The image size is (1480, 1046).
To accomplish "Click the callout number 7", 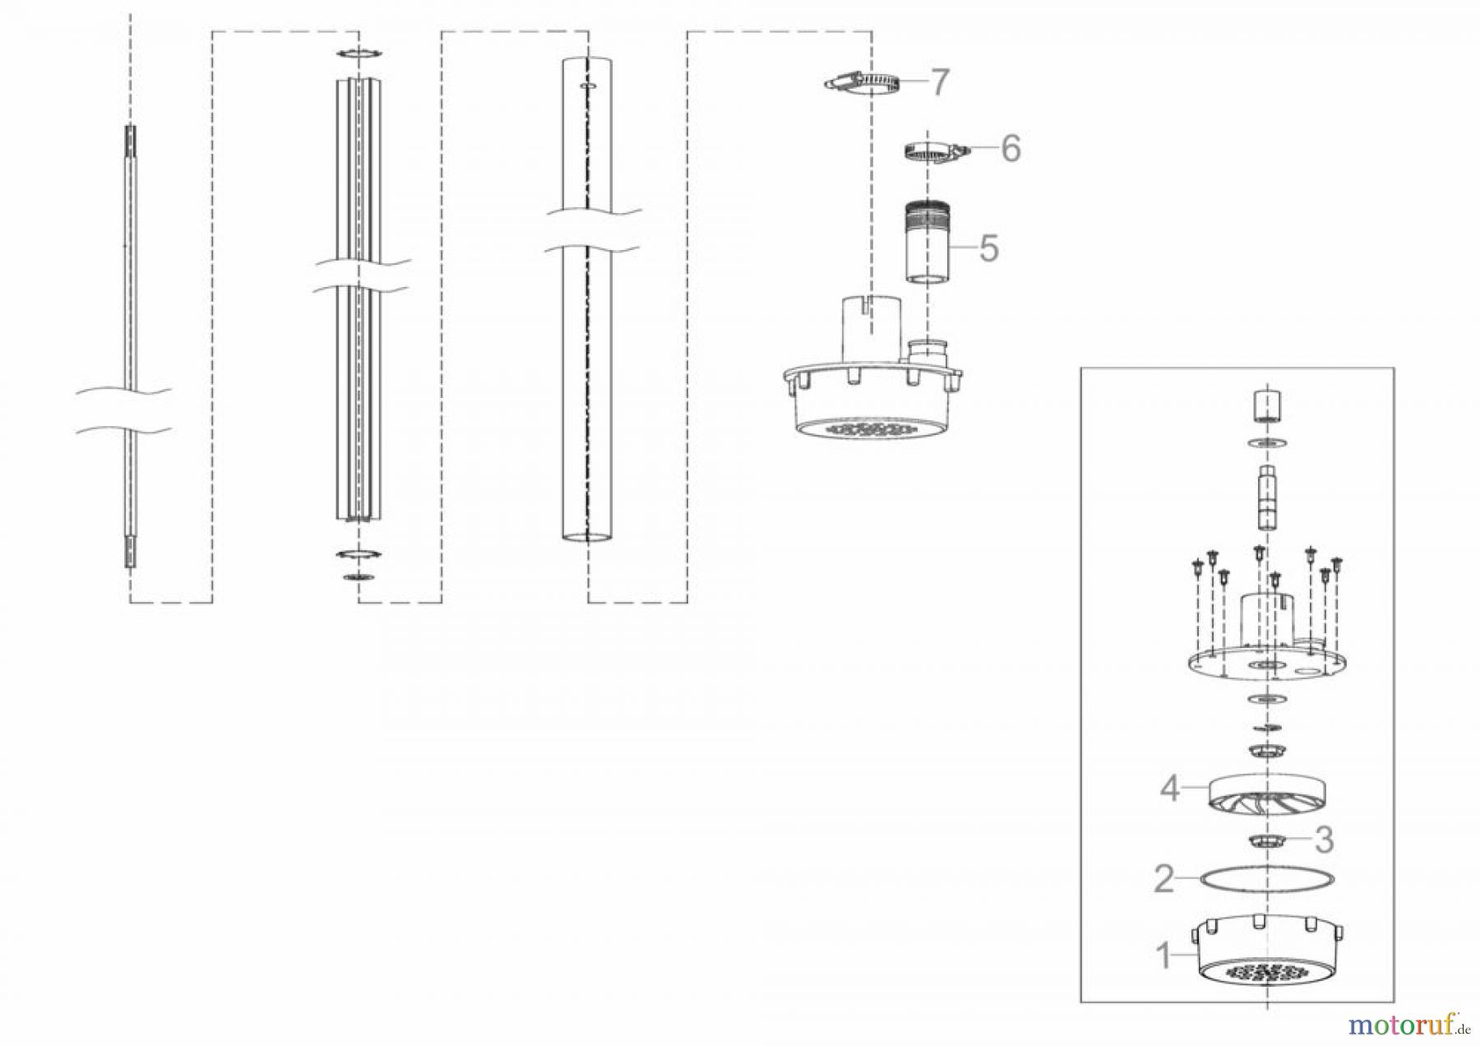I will click(938, 82).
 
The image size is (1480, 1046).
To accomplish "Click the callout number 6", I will click(1010, 149).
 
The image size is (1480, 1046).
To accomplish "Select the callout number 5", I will click(988, 247).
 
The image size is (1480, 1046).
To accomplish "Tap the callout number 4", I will click(1170, 789).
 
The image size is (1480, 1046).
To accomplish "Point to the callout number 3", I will click(1324, 840).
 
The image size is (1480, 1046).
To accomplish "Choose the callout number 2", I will click(1163, 879).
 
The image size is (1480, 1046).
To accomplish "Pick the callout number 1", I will click(1163, 956).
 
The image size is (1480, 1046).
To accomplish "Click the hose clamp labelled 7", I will click(863, 82).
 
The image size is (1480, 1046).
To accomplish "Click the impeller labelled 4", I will click(1268, 795).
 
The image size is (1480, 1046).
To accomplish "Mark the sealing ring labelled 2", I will click(1268, 879).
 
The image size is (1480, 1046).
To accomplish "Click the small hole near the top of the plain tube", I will click(587, 85).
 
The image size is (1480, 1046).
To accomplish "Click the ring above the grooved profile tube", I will click(358, 54).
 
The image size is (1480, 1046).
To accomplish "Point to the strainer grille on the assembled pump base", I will click(872, 429).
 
